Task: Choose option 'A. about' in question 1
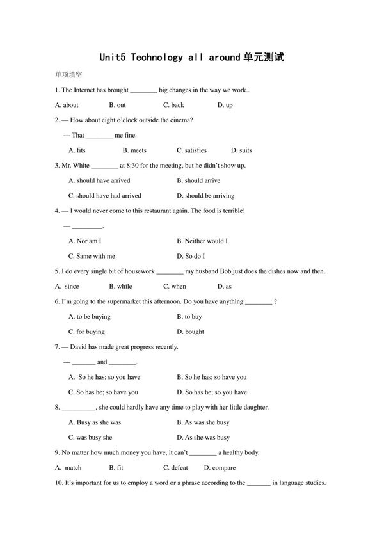pyautogui.click(x=67, y=105)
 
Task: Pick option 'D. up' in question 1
pyautogui.click(x=225, y=105)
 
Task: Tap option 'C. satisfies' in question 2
pyautogui.click(x=191, y=150)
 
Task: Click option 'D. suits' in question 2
pyautogui.click(x=241, y=150)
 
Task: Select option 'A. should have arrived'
pyautogui.click(x=99, y=180)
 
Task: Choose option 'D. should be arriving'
pyautogui.click(x=205, y=196)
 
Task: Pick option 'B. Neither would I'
pyautogui.click(x=202, y=241)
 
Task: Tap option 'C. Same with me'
pyautogui.click(x=92, y=256)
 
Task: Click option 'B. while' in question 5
pyautogui.click(x=120, y=287)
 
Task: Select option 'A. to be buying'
pyautogui.click(x=90, y=317)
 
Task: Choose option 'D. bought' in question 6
pyautogui.click(x=190, y=332)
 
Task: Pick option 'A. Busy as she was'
pyautogui.click(x=95, y=422)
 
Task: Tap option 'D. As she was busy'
pyautogui.click(x=203, y=438)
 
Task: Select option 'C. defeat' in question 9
pyautogui.click(x=175, y=468)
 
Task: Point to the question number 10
pyautogui.click(x=60, y=483)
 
